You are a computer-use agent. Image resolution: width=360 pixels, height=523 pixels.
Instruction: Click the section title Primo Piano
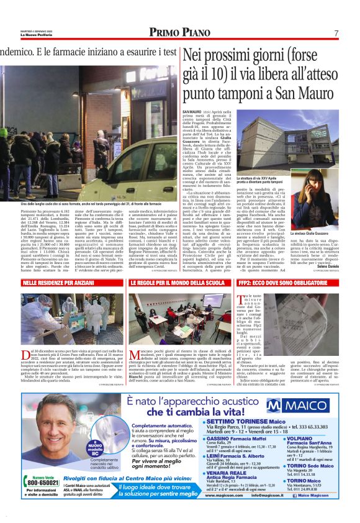tap(179, 33)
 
